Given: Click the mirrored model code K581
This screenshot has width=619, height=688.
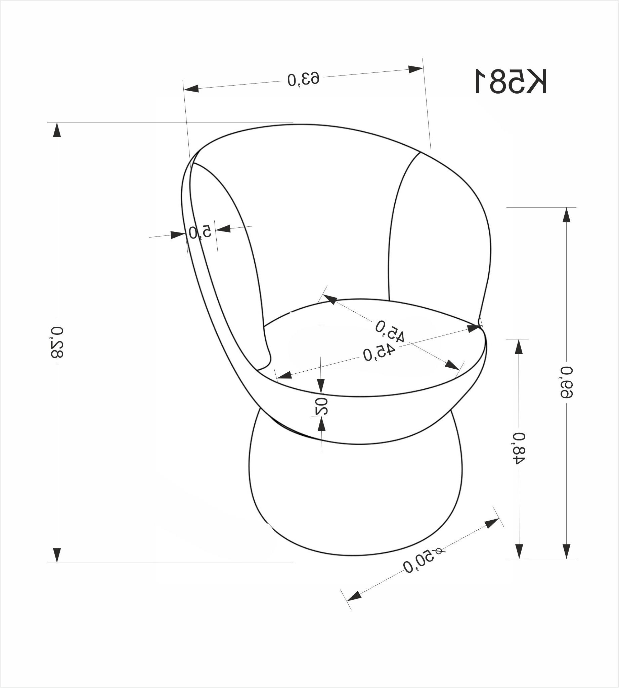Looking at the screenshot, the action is click(511, 81).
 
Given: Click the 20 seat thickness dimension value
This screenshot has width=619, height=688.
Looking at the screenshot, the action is click(321, 406).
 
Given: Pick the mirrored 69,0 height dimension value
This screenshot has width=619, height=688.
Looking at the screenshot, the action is click(566, 382).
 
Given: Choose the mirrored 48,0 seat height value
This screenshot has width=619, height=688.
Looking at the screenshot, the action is click(519, 448).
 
